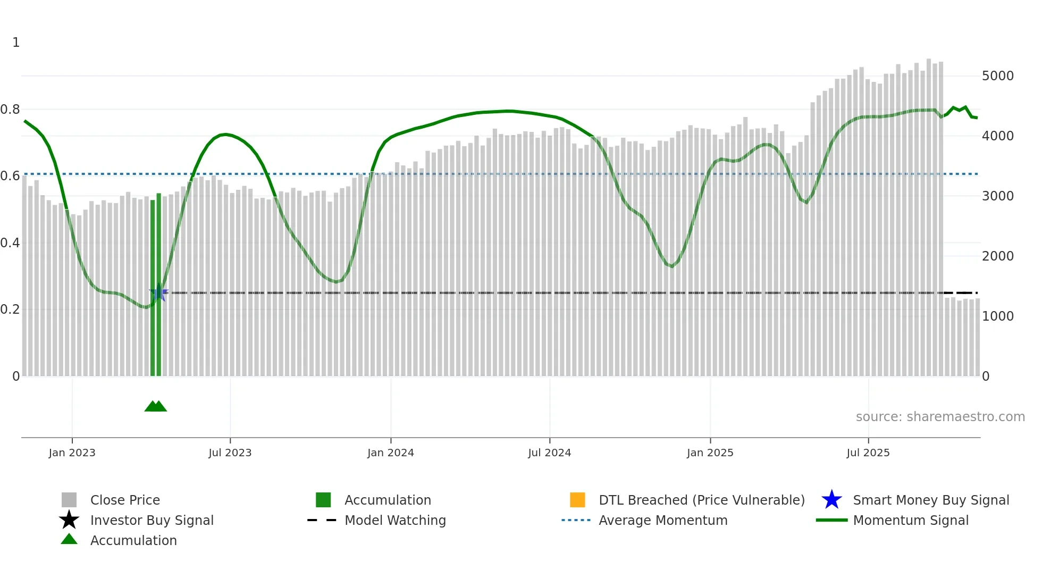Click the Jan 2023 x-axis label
pos(72,453)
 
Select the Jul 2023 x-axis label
pos(230,453)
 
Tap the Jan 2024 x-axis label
pos(390,453)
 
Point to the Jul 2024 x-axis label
pos(549,453)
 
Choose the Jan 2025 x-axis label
pos(710,453)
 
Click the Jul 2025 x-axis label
pos(868,453)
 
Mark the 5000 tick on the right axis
pos(997,76)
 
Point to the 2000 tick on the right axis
pos(997,256)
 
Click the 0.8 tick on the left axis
pos(10,110)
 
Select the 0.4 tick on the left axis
pos(10,243)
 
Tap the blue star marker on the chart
pos(159,293)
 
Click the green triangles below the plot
pos(156,406)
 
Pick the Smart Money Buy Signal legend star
pos(831,500)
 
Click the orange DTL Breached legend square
pos(577,500)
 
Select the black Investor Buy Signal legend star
pos(69,520)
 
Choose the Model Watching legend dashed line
pos(322,520)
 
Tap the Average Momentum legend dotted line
pos(576,520)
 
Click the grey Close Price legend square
pos(69,500)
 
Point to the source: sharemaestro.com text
pos(940,417)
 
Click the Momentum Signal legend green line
pos(831,520)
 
